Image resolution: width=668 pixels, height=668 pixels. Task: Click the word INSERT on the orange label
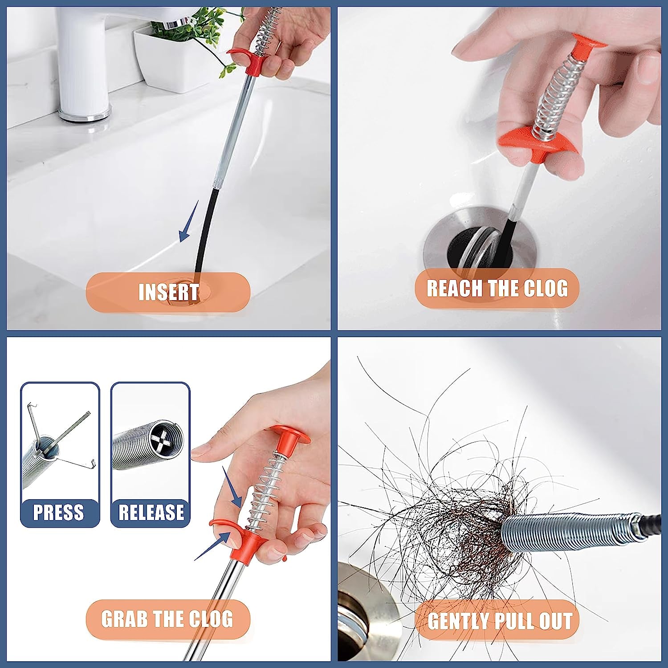point(168,292)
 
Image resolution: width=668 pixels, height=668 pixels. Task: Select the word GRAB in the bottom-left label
point(124,619)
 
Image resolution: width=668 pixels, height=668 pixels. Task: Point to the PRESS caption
point(59,512)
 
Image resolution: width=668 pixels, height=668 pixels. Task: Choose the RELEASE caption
point(151,512)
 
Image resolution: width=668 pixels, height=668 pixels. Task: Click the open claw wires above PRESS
point(58,441)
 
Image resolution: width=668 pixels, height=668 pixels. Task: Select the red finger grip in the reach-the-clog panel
point(539,143)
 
